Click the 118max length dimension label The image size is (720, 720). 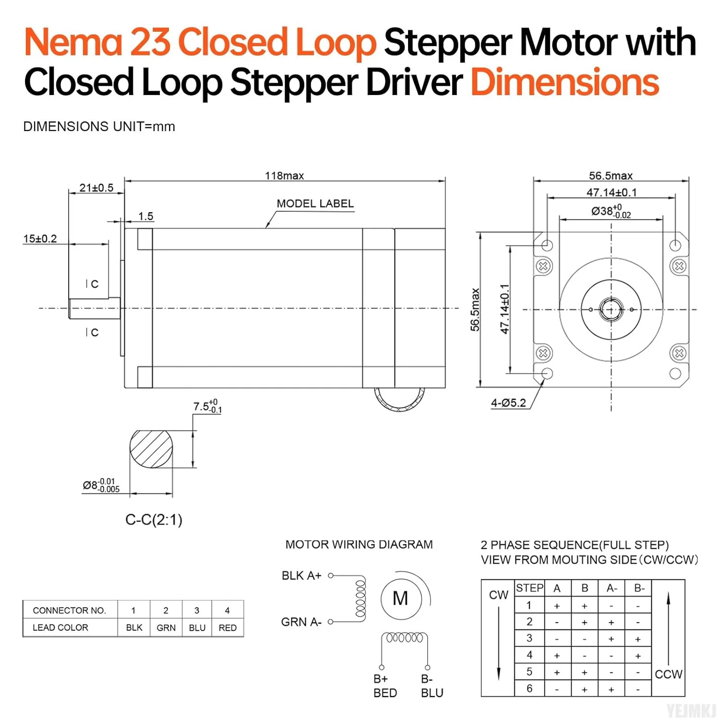(x=284, y=176)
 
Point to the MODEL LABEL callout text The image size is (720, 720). (x=315, y=204)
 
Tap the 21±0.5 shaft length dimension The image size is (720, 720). (x=96, y=188)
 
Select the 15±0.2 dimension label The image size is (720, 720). (x=40, y=239)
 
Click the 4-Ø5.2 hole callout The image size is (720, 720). (x=508, y=403)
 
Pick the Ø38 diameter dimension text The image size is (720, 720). (x=611, y=212)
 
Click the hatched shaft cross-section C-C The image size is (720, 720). (x=151, y=449)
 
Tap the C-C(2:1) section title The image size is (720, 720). (x=154, y=520)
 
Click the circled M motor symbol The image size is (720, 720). (x=400, y=599)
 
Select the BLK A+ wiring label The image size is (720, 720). (x=301, y=576)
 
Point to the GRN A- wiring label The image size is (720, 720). (x=301, y=622)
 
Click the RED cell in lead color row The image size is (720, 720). (x=228, y=628)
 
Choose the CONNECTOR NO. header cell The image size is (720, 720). (x=69, y=611)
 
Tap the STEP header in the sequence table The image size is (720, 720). (x=529, y=588)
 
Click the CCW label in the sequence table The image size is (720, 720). (x=668, y=674)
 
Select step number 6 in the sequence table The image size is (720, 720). (x=529, y=688)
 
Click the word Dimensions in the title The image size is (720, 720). (x=564, y=82)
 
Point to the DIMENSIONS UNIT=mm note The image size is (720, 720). (x=99, y=127)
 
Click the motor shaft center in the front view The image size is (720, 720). (x=611, y=310)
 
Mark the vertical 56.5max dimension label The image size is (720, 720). (x=475, y=310)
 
